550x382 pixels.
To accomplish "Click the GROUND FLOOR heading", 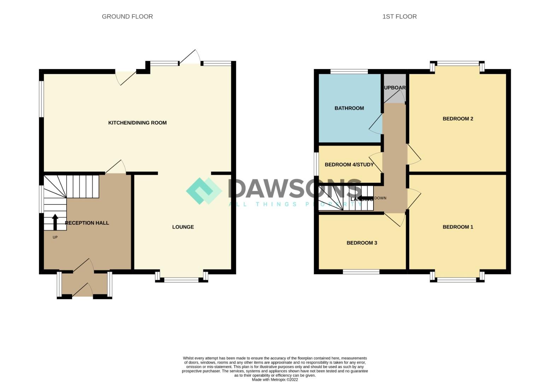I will [127, 17].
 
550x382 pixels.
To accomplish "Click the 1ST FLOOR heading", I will [399, 17].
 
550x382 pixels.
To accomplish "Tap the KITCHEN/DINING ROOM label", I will [137, 123].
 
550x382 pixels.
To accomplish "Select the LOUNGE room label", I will [183, 227].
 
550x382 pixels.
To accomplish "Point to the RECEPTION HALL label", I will [87, 223].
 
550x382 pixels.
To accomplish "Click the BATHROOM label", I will [349, 108].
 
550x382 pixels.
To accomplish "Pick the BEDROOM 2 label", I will [458, 119].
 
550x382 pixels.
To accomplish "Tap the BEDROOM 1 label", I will [458, 227].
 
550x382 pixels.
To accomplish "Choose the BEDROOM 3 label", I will [361, 243].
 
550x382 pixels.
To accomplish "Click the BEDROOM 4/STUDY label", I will [349, 164].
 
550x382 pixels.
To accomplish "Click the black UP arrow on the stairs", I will [55, 222].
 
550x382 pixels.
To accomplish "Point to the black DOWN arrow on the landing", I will [365, 198].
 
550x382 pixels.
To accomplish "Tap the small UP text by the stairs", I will [55, 237].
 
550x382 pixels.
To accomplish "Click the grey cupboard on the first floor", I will [395, 88].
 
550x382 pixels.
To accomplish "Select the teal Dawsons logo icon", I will [204, 191].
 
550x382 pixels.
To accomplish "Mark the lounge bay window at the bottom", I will [181, 280].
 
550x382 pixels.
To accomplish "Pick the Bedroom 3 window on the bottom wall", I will [361, 272].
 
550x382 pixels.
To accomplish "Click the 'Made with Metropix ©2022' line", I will [275, 380].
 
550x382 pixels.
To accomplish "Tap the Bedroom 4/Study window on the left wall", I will [317, 163].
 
